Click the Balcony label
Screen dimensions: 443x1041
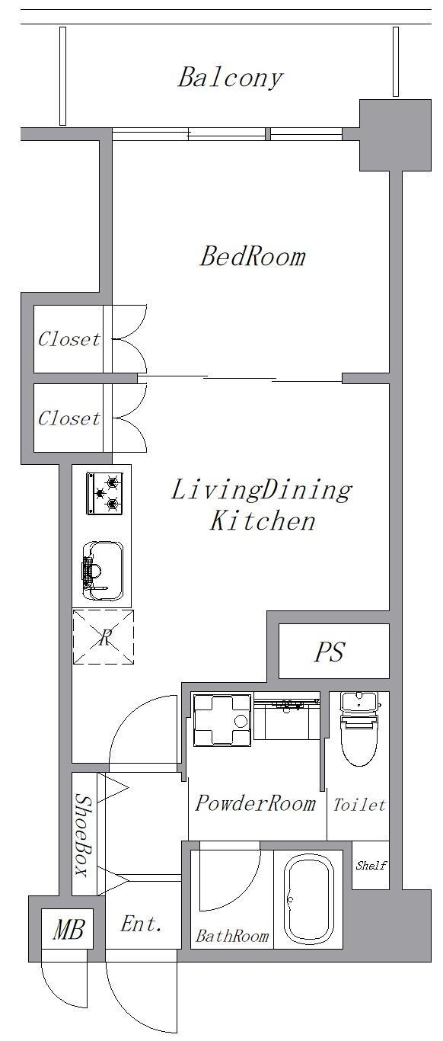coord(231,78)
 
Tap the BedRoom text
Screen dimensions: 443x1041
coord(253,256)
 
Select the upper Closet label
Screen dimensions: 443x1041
coord(69,339)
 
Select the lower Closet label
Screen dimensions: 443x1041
coord(69,418)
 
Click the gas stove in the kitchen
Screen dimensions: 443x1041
coord(104,493)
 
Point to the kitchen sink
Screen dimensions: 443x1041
coord(103,570)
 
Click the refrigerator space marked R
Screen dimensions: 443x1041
coord(103,636)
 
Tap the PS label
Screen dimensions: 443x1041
coord(330,652)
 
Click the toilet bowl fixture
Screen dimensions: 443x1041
coord(359,729)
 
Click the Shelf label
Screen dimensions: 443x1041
coord(371,865)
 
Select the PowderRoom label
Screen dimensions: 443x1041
coord(256,803)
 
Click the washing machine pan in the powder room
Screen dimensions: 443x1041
coord(222,719)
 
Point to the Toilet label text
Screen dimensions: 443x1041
coord(359,805)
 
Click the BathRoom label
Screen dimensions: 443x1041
coord(232,935)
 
